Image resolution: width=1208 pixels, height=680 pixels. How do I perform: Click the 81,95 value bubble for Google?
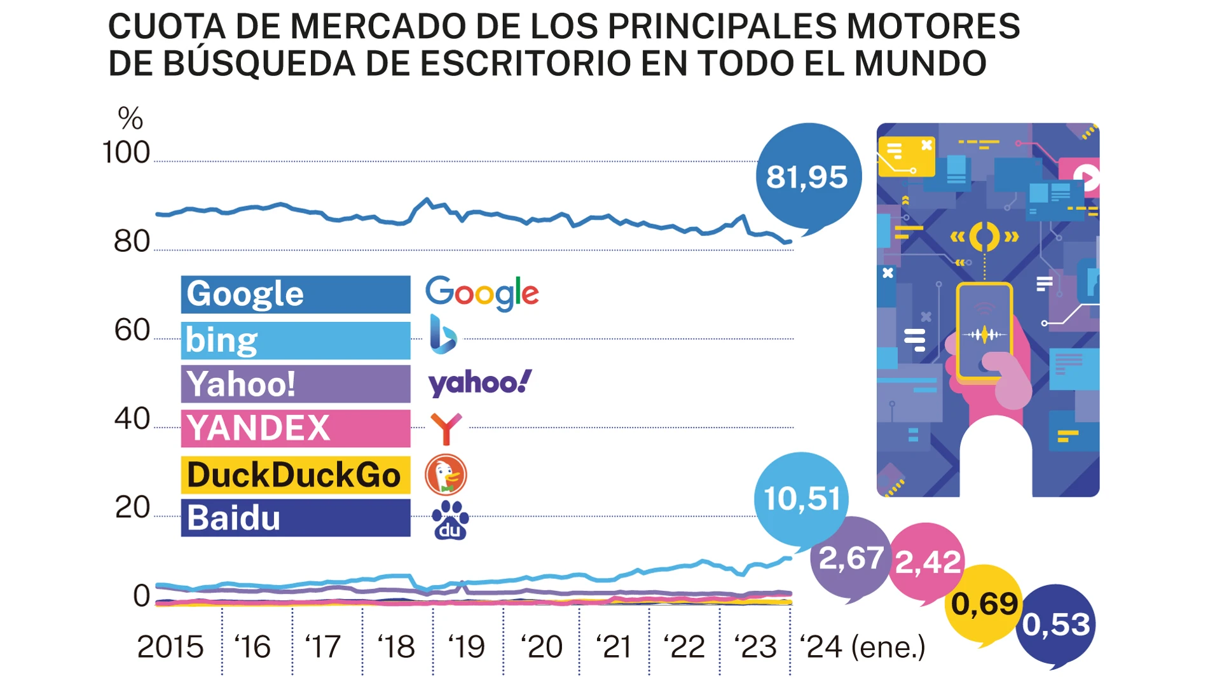(x=807, y=176)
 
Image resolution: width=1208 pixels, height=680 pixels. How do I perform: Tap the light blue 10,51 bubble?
(x=801, y=499)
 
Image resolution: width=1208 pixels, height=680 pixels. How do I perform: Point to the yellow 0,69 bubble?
(x=984, y=604)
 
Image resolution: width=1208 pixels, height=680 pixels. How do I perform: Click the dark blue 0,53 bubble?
(x=1056, y=625)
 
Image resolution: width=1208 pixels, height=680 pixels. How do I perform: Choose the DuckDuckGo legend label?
(x=295, y=475)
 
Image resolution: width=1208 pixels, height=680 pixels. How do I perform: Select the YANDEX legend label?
(x=295, y=428)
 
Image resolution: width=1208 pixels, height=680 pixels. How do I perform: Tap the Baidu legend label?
(x=295, y=518)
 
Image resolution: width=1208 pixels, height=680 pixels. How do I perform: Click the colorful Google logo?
(x=482, y=293)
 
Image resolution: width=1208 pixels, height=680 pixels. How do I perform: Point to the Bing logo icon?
(x=443, y=335)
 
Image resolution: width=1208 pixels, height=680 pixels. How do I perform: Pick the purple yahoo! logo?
(x=479, y=383)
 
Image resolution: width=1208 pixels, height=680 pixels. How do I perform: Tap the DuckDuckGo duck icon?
(x=446, y=475)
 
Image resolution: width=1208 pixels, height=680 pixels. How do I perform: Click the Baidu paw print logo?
(x=450, y=520)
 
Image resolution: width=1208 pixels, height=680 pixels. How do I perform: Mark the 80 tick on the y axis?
(x=132, y=242)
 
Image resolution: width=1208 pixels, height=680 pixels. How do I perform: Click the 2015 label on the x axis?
(x=170, y=647)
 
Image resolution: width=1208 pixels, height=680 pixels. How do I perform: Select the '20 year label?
(x=541, y=647)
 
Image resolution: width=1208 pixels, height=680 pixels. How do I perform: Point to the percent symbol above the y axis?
(x=130, y=118)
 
